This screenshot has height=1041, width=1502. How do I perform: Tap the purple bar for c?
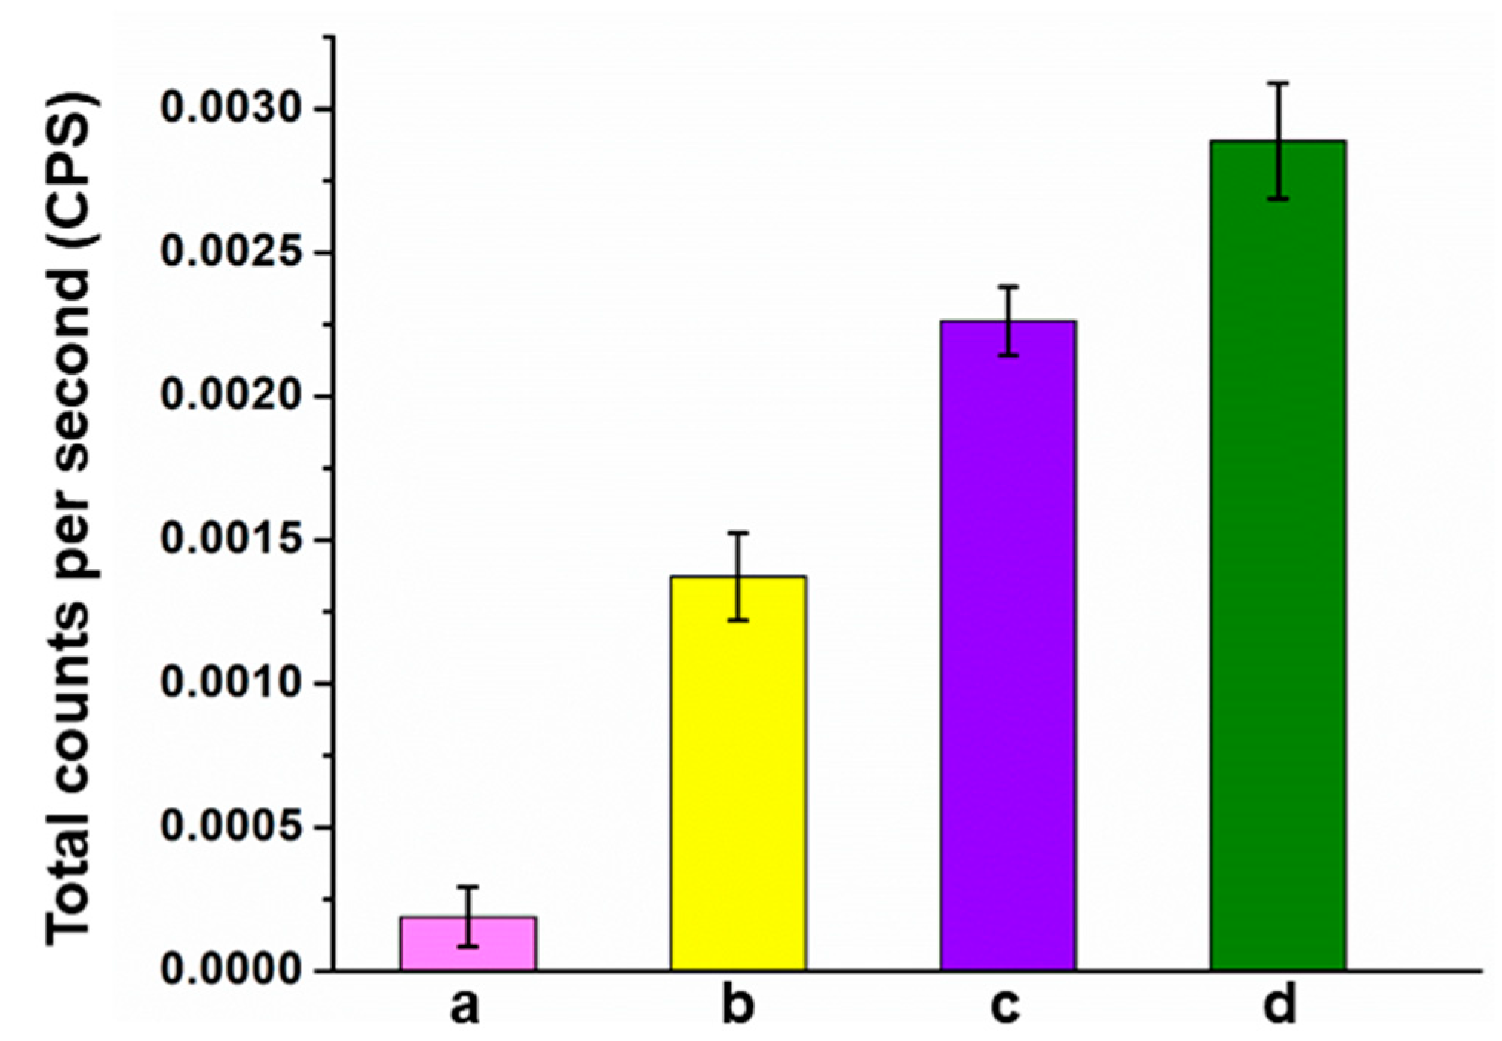tap(1007, 653)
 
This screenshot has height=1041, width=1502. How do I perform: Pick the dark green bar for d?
tap(1277, 564)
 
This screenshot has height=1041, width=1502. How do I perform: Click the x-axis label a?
tap(465, 1007)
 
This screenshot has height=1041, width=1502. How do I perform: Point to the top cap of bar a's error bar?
tap(468, 887)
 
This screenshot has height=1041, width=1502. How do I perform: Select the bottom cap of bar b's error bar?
tap(738, 620)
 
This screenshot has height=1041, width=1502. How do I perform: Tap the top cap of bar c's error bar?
tap(1007, 286)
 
